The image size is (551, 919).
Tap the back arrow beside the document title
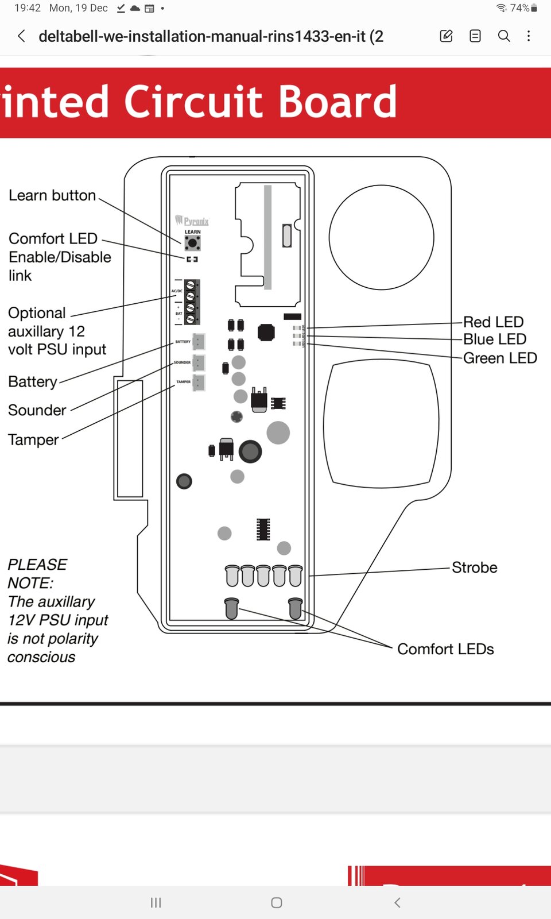point(21,36)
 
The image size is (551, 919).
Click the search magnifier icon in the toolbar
point(504,36)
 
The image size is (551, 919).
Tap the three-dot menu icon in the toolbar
point(529,36)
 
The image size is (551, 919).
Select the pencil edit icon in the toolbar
point(446,36)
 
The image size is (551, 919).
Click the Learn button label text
point(52,195)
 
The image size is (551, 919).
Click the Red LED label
point(493,322)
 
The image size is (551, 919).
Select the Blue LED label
point(494,339)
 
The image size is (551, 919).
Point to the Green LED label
point(499,358)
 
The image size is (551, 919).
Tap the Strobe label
point(474,567)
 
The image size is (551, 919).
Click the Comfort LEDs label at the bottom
point(445,649)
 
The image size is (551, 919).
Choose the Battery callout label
point(33,382)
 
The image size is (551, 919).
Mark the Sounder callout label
point(37,410)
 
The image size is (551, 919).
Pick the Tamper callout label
point(33,440)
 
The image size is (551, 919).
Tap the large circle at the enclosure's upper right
point(381,237)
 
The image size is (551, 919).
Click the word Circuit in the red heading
point(193,102)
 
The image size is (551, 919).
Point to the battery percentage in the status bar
point(519,8)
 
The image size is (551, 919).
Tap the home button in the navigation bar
point(276,903)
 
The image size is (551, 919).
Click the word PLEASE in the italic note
point(37,565)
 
